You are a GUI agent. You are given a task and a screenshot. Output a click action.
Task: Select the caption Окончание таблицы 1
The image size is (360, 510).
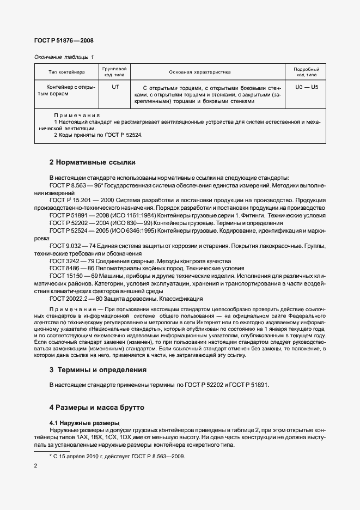click(x=64, y=57)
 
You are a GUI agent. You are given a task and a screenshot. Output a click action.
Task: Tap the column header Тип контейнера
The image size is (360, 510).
click(x=66, y=72)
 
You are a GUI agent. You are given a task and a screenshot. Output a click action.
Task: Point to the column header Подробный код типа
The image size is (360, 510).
click(x=306, y=72)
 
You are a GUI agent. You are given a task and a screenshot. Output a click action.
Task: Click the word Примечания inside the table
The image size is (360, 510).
click(x=77, y=115)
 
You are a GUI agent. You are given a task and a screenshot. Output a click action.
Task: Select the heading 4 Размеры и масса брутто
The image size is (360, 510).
click(x=98, y=406)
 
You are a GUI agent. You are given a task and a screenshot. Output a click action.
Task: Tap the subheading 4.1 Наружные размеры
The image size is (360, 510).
click(x=84, y=423)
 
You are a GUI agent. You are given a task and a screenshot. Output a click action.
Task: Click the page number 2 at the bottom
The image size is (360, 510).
click(x=35, y=466)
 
